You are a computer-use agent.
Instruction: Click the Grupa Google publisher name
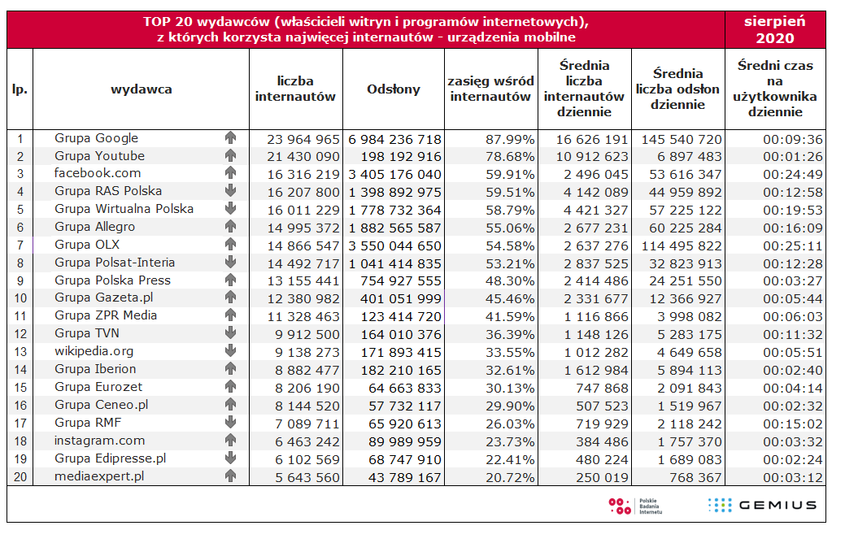(96, 138)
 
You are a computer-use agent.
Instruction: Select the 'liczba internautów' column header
(295, 89)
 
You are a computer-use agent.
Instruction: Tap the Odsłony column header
(394, 89)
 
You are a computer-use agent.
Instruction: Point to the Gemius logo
(762, 505)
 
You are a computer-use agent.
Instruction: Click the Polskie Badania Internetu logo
(635, 506)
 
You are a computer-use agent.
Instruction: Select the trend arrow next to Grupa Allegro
(230, 227)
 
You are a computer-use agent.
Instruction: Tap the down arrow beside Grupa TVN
(230, 333)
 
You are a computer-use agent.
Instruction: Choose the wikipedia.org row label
(94, 351)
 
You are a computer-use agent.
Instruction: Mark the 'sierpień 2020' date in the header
(775, 29)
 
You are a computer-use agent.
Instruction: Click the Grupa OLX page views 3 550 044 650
(395, 245)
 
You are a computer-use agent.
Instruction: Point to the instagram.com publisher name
(99, 441)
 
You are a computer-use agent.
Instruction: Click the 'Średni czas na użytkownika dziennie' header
(775, 89)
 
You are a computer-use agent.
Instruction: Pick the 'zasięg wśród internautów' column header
(491, 89)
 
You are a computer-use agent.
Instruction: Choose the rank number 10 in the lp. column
(20, 298)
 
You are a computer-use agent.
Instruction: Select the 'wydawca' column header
(141, 89)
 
